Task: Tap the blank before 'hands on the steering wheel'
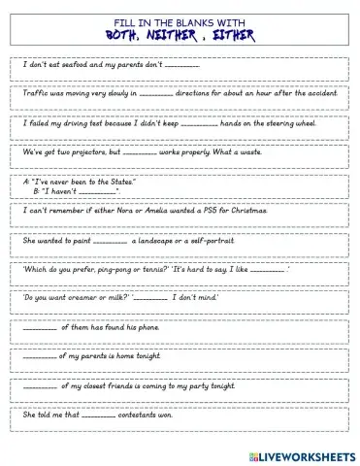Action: click(227, 126)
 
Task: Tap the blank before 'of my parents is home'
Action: click(40, 357)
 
